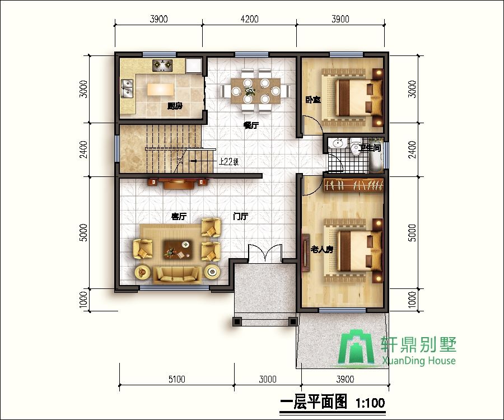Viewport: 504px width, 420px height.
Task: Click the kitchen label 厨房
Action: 175,105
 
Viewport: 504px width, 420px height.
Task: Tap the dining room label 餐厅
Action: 250,125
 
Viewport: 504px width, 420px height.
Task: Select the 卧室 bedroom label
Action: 313,100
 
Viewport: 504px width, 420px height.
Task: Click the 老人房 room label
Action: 322,249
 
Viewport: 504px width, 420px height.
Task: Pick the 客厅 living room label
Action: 179,216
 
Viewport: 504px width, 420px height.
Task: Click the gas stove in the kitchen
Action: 163,66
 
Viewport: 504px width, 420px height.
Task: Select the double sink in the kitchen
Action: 127,88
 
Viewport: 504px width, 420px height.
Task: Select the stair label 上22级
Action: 228,162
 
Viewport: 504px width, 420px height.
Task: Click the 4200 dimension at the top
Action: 249,18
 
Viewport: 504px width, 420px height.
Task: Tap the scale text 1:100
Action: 370,402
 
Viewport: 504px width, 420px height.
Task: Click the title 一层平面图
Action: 314,402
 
